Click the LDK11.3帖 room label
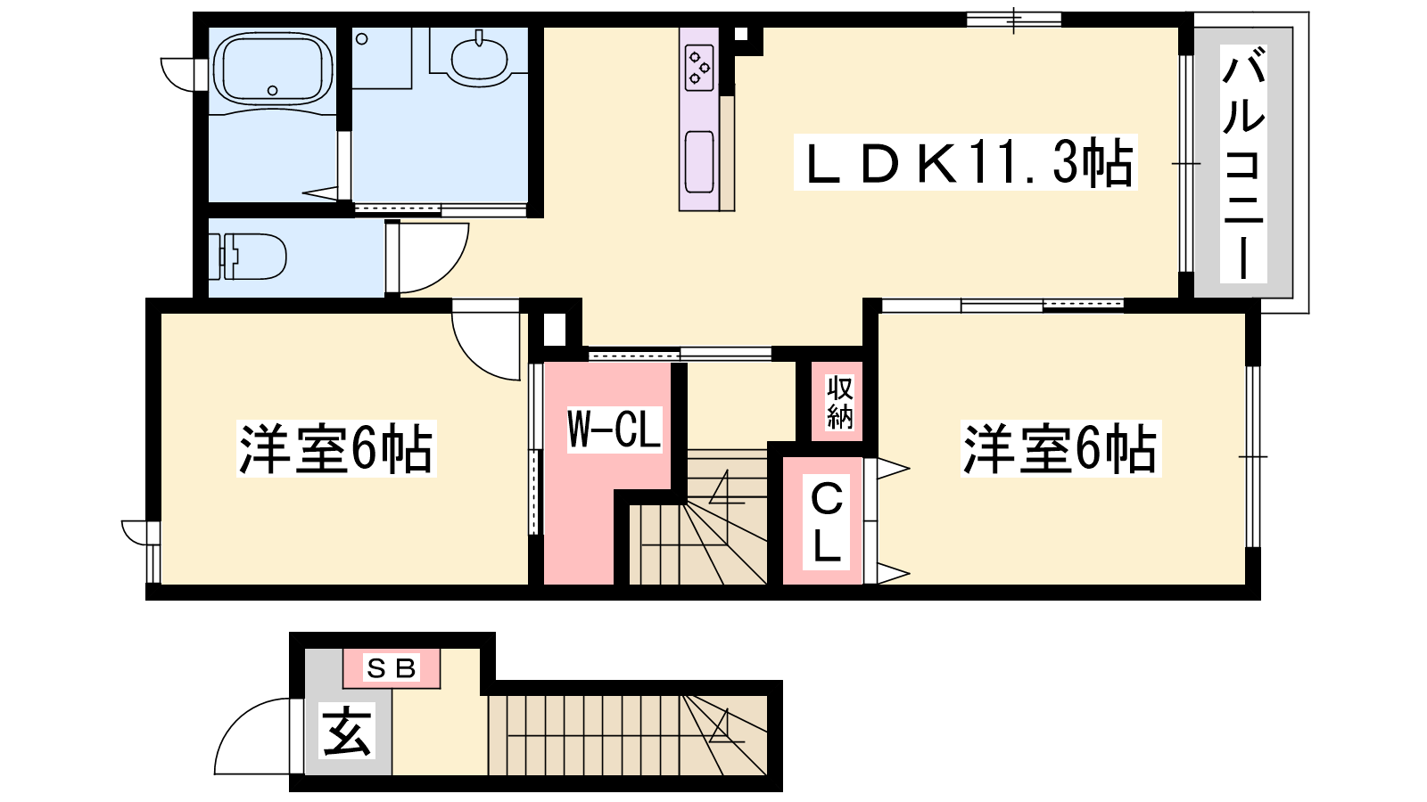(966, 163)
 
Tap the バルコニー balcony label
(1243, 164)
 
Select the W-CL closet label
(615, 430)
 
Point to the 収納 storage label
(839, 402)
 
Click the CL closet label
(826, 523)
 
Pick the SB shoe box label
(392, 668)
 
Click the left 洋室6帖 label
(336, 448)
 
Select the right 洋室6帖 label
(1060, 448)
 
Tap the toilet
(249, 257)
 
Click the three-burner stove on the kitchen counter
(699, 67)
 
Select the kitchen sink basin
(699, 161)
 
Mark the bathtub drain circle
(273, 90)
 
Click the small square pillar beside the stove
(741, 35)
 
